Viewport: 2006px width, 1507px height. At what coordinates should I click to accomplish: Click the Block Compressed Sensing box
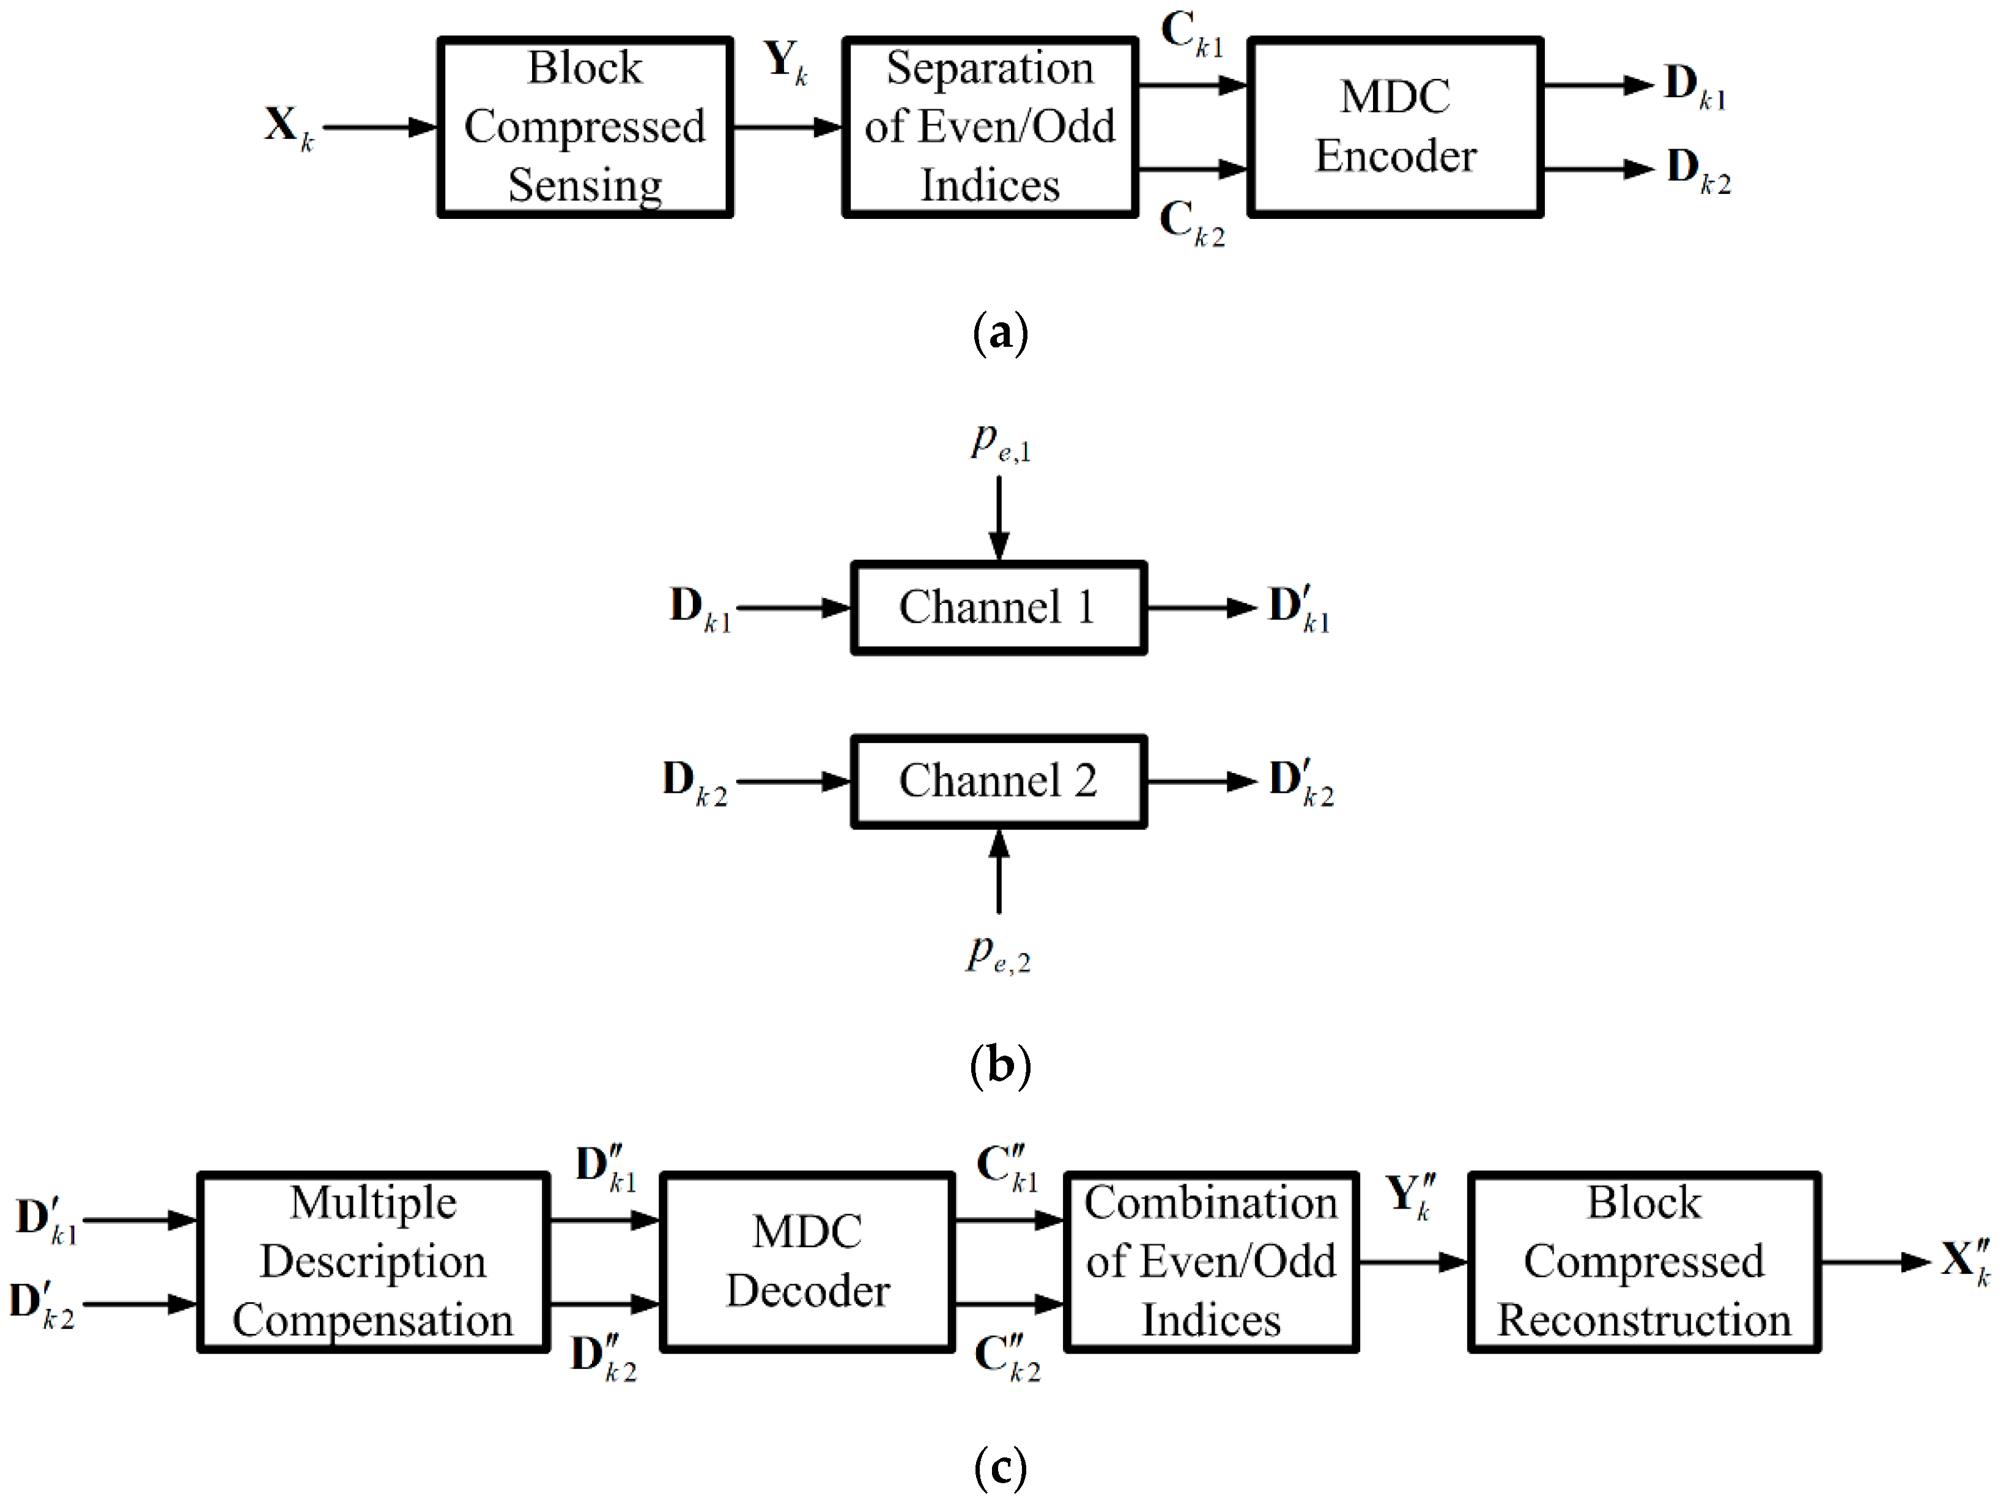[585, 127]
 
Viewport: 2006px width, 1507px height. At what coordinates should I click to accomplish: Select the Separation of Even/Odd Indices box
[990, 127]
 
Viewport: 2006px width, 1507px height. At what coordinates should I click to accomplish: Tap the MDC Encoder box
[1395, 127]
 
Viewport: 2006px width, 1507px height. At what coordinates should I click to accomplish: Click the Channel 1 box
[999, 607]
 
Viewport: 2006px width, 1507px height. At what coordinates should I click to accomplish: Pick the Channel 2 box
[999, 782]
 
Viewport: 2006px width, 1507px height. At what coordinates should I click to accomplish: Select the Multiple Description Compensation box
[372, 1262]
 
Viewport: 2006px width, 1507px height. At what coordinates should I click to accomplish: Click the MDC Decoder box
[807, 1262]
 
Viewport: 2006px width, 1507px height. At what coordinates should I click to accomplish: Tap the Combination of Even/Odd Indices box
[1211, 1262]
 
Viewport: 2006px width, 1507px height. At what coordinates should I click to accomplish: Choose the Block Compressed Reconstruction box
[1643, 1262]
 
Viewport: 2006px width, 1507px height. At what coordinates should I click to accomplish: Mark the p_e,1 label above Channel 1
[1001, 442]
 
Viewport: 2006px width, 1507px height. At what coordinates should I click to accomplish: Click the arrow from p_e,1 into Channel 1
[999, 517]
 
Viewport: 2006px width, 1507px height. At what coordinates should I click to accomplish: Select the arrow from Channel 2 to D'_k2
[1202, 782]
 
